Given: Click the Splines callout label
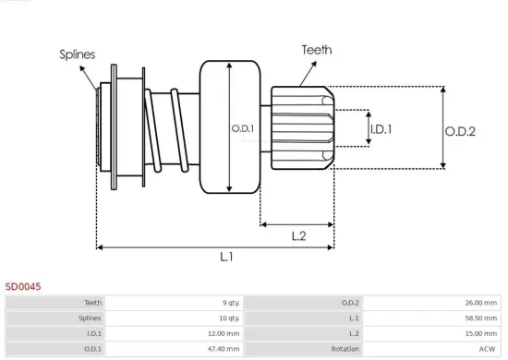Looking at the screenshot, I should pyautogui.click(x=78, y=54).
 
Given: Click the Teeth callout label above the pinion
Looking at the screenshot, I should pyautogui.click(x=316, y=50).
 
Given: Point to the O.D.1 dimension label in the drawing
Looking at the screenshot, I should pyautogui.click(x=242, y=127).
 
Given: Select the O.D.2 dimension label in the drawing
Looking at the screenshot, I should pyautogui.click(x=460, y=131).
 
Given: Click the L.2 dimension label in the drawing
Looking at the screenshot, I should pyautogui.click(x=298, y=235).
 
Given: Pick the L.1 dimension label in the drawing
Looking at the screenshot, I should pyautogui.click(x=226, y=257).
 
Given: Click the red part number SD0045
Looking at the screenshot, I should pyautogui.click(x=23, y=287).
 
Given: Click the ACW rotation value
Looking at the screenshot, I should pyautogui.click(x=489, y=349).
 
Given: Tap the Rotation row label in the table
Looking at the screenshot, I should pyautogui.click(x=345, y=349).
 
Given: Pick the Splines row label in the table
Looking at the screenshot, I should pyautogui.click(x=90, y=318).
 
